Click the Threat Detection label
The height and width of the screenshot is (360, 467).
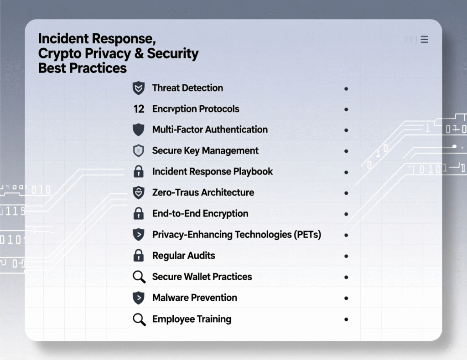tap(187, 88)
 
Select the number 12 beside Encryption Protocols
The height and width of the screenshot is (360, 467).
tap(139, 109)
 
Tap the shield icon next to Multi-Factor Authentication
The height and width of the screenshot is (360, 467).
tap(138, 130)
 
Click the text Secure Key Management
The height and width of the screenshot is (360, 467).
tap(205, 150)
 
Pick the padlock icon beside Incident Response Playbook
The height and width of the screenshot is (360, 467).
tap(138, 172)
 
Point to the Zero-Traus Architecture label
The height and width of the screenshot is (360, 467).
tap(203, 192)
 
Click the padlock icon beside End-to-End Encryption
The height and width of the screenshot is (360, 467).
tap(138, 213)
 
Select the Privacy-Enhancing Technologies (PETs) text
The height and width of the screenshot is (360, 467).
tap(237, 235)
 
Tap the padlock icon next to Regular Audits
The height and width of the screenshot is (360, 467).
tap(138, 256)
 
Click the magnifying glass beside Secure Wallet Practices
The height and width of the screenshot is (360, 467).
tap(139, 277)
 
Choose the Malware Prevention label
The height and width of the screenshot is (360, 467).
tap(195, 298)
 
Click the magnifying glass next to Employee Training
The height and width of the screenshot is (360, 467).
tap(139, 319)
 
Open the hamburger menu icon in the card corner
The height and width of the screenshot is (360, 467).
tap(424, 40)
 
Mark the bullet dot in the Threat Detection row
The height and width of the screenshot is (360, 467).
tap(346, 88)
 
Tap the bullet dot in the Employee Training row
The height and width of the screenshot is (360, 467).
tap(346, 319)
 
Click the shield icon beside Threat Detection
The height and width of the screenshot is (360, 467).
tap(138, 88)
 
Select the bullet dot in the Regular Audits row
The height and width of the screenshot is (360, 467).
tap(346, 256)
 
